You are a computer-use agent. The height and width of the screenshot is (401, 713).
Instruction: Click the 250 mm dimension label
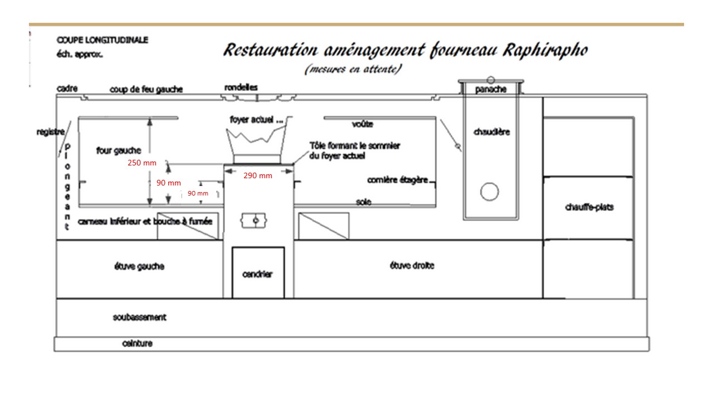142,164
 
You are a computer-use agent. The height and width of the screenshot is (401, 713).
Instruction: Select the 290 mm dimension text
258,176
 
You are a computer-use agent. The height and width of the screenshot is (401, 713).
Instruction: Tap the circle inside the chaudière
489,192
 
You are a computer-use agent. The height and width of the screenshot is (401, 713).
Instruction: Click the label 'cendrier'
258,274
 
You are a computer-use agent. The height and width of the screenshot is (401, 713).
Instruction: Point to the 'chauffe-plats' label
589,207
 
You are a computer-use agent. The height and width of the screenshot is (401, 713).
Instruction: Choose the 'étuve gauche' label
139,266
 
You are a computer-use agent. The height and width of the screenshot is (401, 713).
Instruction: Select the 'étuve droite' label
412,266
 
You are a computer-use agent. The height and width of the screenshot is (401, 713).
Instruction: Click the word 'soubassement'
139,317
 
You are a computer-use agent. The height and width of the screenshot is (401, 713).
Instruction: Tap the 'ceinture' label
137,344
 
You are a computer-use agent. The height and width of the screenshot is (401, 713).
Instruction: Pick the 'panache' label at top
491,89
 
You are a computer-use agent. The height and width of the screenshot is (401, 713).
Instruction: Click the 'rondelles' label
241,87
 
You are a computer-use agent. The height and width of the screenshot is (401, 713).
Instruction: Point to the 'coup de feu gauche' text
146,89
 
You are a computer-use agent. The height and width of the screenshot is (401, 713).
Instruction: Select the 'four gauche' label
119,150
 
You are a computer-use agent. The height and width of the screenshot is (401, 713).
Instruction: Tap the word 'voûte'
362,124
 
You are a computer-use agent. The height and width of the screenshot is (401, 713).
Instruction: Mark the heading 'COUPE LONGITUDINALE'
102,41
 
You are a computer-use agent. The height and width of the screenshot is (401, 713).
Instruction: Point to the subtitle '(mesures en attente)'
353,70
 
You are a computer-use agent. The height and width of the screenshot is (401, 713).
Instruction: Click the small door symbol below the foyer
255,221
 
